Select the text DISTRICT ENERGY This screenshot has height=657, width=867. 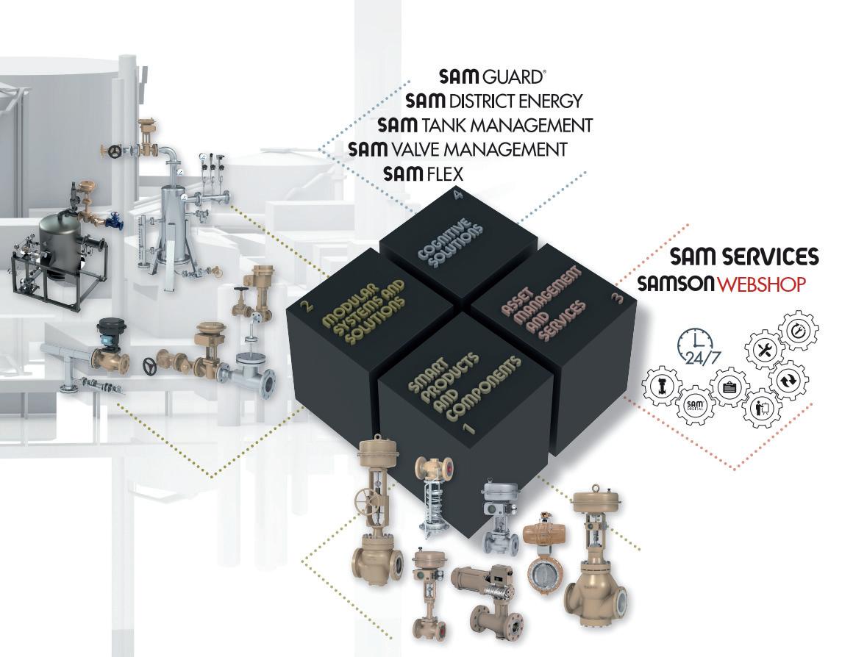[x=518, y=101]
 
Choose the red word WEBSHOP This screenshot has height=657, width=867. [x=762, y=284]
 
